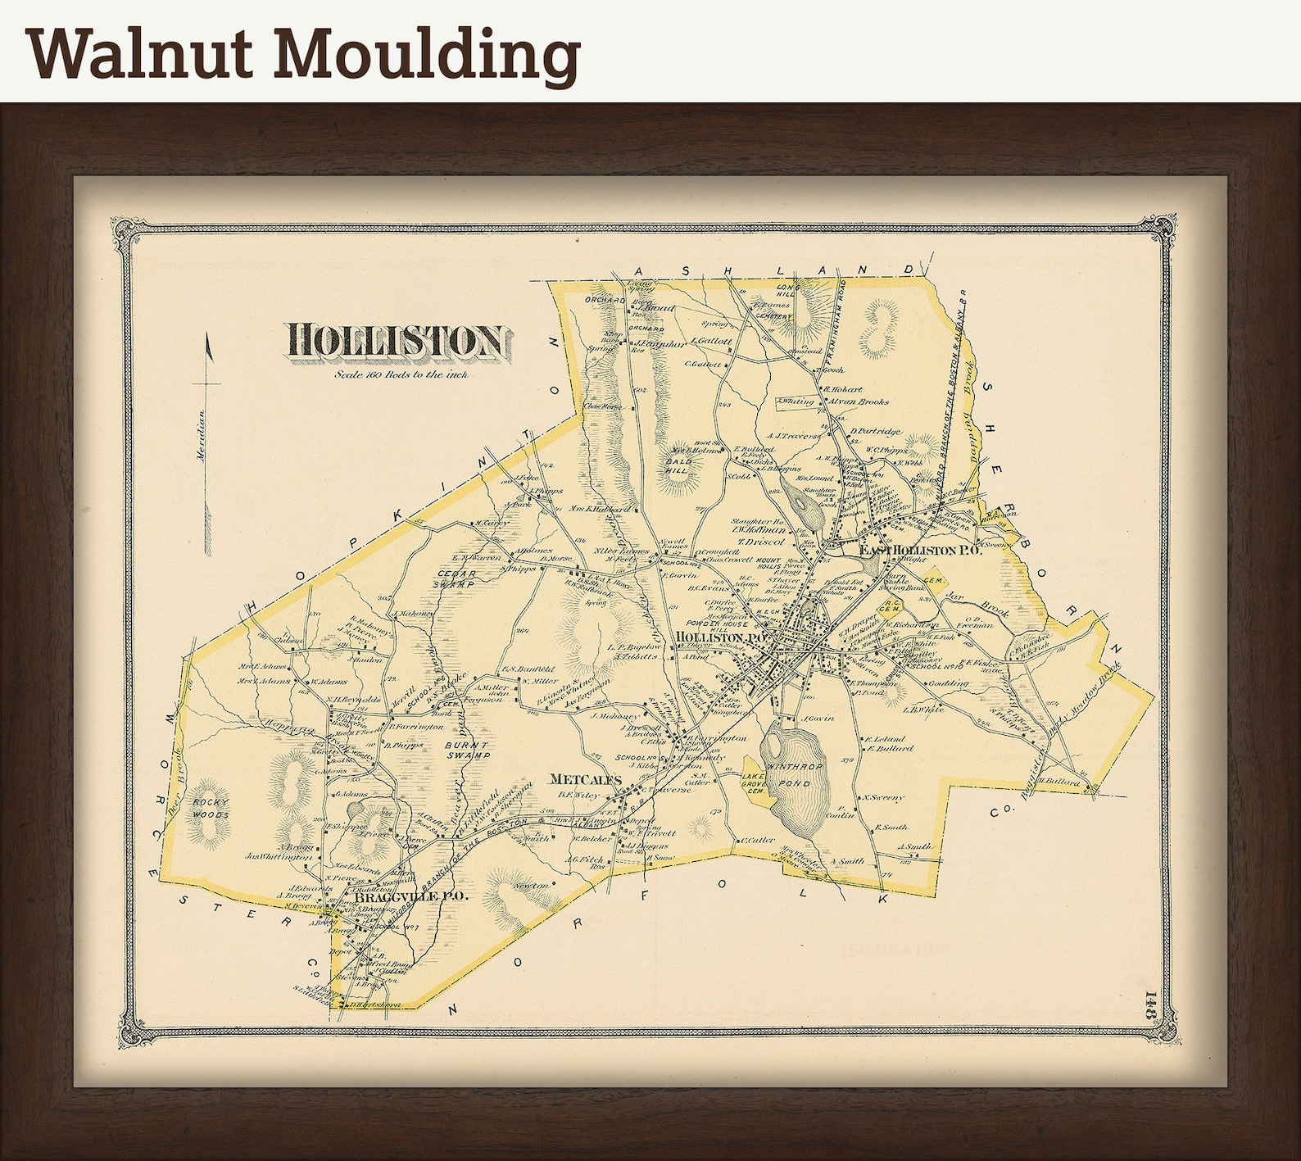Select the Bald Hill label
coord(678,466)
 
